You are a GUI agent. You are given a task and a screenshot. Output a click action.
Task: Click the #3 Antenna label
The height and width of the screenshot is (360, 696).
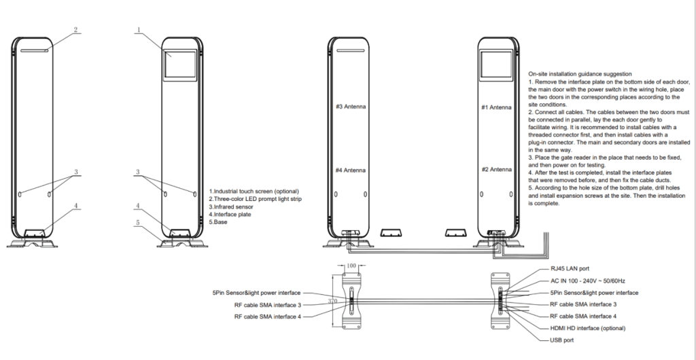pos(351,107)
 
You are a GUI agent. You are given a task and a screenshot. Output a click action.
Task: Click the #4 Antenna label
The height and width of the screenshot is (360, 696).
pos(351,170)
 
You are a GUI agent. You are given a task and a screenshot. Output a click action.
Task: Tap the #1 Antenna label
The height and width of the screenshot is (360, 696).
pos(496,107)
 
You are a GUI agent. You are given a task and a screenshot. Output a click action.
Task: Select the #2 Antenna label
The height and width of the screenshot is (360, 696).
pos(496,169)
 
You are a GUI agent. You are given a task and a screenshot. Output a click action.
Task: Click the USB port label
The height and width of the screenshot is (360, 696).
pos(562,339)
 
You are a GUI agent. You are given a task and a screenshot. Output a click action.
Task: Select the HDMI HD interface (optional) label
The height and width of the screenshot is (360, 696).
pos(588,327)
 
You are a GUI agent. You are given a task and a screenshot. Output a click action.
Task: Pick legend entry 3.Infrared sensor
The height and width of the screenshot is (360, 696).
pos(233,206)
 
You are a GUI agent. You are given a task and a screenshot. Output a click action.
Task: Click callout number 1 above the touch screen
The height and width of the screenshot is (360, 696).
pos(139,30)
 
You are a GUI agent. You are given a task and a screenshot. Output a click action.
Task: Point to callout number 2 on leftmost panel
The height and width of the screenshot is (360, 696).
pos(76,30)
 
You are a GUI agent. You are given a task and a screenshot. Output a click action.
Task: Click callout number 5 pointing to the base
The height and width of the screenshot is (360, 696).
pos(138,222)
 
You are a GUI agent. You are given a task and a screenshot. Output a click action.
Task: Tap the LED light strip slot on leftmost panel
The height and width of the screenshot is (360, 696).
pos(33,50)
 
